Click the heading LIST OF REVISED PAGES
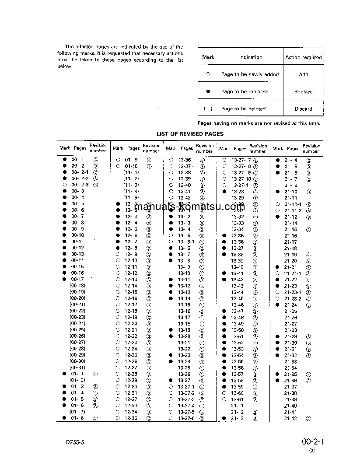click(x=190, y=134)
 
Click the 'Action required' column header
click(x=303, y=57)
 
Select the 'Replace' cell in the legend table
click(x=303, y=92)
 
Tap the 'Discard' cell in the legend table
click(x=303, y=109)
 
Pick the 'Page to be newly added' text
click(x=250, y=74)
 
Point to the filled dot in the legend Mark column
click(x=208, y=91)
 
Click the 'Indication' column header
click(x=251, y=57)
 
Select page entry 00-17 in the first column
click(x=77, y=279)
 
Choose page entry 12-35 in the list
click(x=131, y=418)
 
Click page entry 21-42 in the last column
click(x=290, y=418)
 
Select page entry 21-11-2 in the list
click(x=293, y=210)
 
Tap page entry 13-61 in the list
click(x=238, y=399)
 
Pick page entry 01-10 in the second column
click(x=131, y=166)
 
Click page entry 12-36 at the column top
click(x=184, y=160)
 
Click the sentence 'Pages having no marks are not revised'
click(x=259, y=123)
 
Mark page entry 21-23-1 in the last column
click(x=293, y=292)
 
